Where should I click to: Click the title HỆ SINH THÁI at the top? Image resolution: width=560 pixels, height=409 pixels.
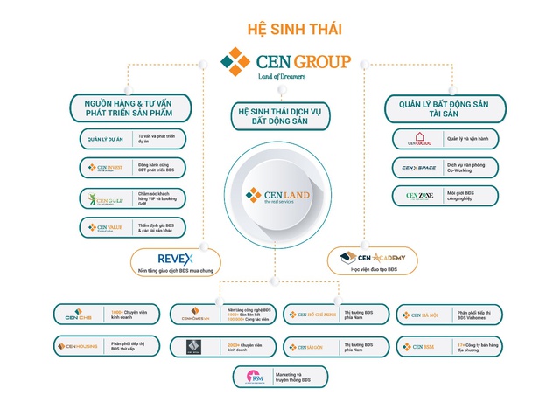(x=280, y=30)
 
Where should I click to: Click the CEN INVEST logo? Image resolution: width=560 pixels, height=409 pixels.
(x=104, y=167)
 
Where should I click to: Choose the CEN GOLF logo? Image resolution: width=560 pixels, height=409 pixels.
(x=104, y=197)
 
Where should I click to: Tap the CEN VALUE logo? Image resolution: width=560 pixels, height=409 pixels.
(x=104, y=227)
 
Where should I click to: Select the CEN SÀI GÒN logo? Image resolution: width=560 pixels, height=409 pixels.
(x=311, y=346)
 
